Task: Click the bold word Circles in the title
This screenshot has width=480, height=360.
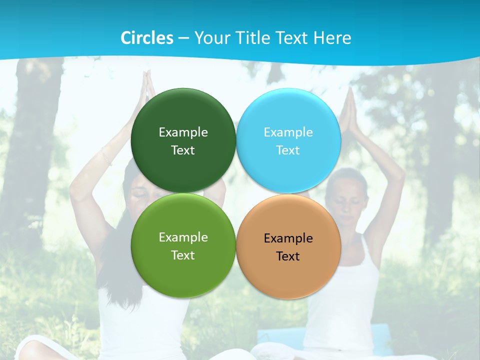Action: pos(146,38)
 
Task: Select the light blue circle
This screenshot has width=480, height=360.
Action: pos(288,115)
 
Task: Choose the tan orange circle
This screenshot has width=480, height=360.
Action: pos(288,272)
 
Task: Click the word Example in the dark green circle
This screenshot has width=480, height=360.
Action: pos(183,132)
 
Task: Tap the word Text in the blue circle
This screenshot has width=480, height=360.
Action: pos(288,150)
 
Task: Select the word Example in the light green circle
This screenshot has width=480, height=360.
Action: pos(183,237)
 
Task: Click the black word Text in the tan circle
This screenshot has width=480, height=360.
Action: pos(288,256)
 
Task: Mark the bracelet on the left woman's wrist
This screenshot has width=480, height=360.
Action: pos(106,157)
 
